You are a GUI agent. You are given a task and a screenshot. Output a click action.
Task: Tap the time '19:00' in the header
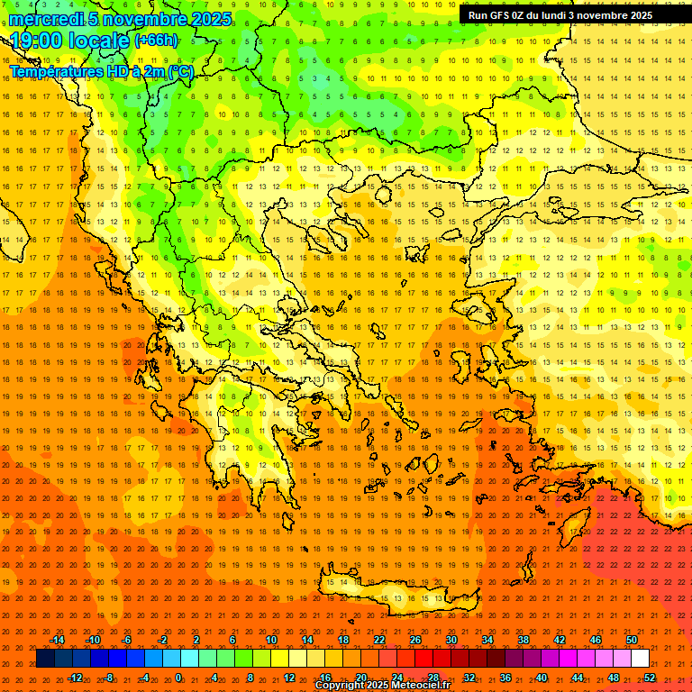click(x=36, y=41)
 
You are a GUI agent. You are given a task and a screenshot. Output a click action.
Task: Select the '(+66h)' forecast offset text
click(x=156, y=41)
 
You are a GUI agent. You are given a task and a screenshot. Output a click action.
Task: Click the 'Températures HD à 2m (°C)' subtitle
click(x=101, y=71)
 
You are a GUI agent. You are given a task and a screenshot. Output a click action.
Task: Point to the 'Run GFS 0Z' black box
click(x=560, y=15)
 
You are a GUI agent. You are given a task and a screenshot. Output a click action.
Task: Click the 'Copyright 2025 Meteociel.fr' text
click(x=382, y=686)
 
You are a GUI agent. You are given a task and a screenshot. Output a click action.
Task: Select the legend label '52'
click(x=650, y=677)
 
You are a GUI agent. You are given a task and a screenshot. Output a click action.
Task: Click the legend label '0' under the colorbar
click(x=178, y=677)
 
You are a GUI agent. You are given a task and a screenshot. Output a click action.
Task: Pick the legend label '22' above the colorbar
click(x=379, y=640)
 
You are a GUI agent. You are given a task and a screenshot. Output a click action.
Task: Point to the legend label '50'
click(x=632, y=640)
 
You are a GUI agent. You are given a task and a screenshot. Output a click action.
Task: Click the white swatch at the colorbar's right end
click(x=641, y=659)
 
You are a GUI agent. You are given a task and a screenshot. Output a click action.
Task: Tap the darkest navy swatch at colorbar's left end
click(x=45, y=659)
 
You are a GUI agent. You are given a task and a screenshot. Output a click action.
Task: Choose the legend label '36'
click(x=505, y=677)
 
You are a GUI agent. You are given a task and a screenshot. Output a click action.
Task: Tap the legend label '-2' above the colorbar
click(x=163, y=640)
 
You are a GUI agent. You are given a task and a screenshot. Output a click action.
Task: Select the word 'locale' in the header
click(x=97, y=41)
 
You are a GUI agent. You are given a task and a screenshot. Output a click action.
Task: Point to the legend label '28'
click(x=433, y=677)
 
